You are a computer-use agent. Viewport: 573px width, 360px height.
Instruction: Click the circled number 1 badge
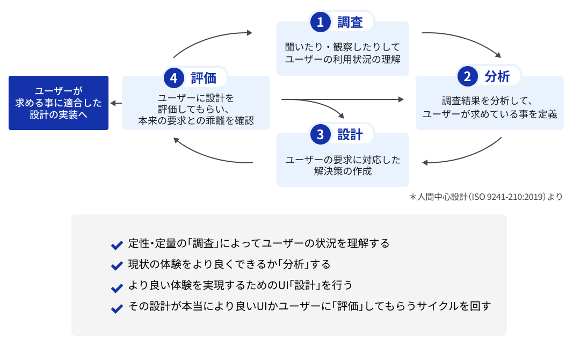pos(321,22)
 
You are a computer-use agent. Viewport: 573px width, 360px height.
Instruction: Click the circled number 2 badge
pos(467,76)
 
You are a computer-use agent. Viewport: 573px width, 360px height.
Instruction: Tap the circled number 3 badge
pos(321,134)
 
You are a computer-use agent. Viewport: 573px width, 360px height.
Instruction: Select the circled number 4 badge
pos(173,78)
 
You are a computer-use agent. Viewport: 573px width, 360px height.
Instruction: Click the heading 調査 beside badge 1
pos(350,22)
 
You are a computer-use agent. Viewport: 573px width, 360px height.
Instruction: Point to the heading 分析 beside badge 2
pos(497,77)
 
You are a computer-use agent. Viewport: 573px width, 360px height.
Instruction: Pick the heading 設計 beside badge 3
pos(350,134)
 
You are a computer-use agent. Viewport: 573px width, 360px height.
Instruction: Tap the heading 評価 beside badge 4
pos(204,78)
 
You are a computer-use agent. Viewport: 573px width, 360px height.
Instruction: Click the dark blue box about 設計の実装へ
pos(59,103)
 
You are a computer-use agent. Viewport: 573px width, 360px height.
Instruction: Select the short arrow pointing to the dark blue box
pos(116,103)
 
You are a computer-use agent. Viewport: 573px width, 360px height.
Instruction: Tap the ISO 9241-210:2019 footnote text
pos(486,197)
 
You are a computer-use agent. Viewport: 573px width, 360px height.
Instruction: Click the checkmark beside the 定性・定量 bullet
pos(117,245)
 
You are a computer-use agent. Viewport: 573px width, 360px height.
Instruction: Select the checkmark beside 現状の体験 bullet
pos(117,266)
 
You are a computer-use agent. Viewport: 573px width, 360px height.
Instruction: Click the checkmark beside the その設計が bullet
pos(117,309)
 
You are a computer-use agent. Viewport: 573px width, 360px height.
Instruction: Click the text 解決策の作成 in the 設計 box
pos(343,171)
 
